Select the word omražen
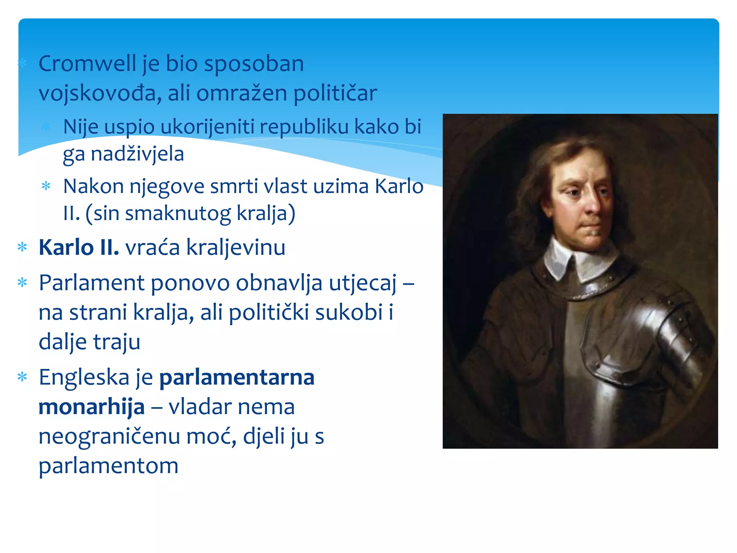pyautogui.click(x=241, y=93)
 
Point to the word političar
pyautogui.click(x=335, y=93)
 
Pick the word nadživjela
pyautogui.click(x=137, y=154)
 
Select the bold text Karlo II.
pyautogui.click(x=78, y=248)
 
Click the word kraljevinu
pyautogui.click(x=236, y=248)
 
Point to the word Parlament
pyautogui.click(x=91, y=283)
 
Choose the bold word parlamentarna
pyautogui.click(x=237, y=377)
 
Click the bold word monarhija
pyautogui.click(x=91, y=407)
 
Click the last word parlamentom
pyautogui.click(x=108, y=466)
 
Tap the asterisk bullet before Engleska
pyautogui.click(x=22, y=377)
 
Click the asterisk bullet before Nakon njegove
pyautogui.click(x=46, y=186)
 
